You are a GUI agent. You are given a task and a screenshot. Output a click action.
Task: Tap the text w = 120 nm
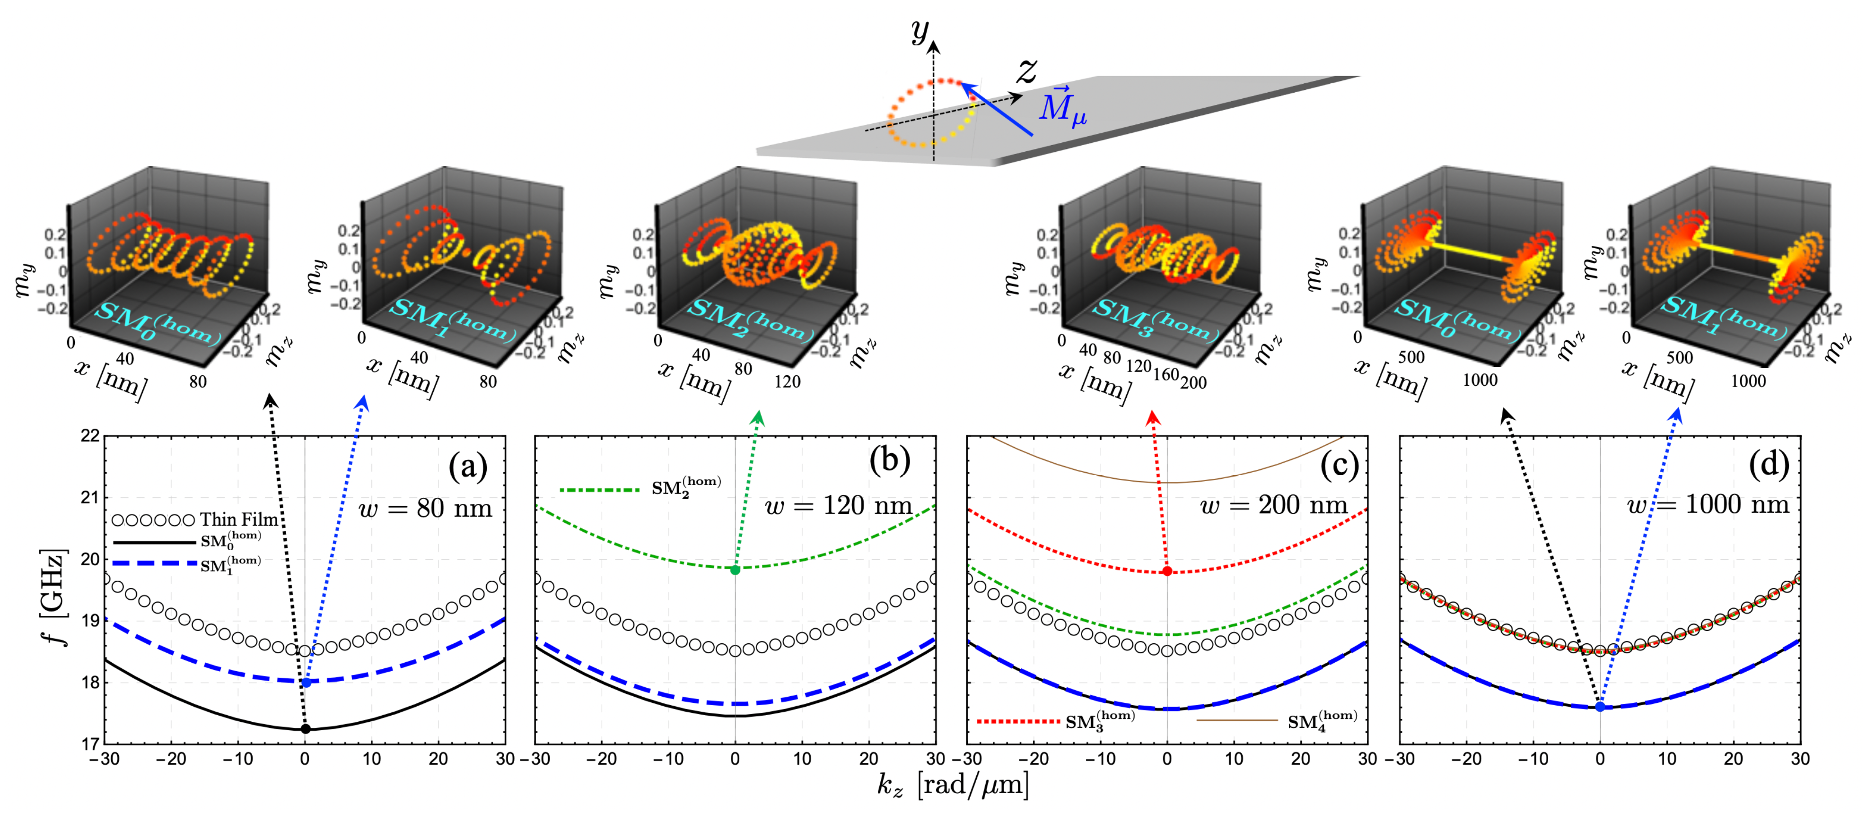838,505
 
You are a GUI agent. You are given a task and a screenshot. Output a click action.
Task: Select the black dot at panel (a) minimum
305,728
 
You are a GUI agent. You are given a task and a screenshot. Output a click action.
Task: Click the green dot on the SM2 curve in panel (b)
735,570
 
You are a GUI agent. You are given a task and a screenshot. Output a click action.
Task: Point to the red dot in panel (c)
1167,571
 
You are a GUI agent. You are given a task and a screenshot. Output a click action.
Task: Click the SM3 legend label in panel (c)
1099,720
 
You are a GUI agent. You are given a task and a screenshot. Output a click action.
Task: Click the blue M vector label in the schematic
1062,106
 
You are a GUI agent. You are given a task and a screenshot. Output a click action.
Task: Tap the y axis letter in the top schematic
920,31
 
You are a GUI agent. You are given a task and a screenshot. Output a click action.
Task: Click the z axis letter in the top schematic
1026,70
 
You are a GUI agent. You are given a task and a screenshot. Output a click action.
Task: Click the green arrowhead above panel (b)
758,416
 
